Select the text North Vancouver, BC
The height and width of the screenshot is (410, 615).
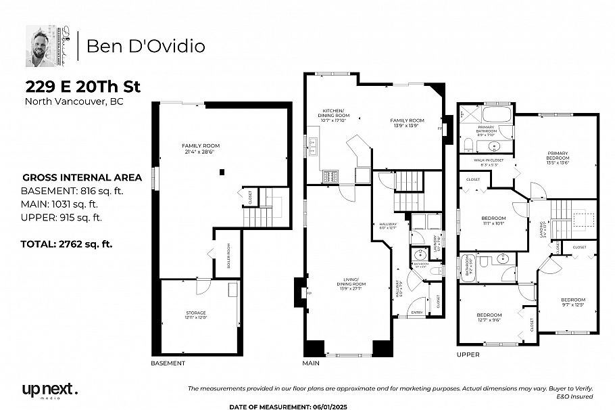coord(74,102)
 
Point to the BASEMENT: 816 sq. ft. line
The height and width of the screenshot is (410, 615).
coord(72,191)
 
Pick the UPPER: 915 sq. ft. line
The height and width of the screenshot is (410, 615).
coord(62,217)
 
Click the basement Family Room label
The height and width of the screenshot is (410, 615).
coord(201,149)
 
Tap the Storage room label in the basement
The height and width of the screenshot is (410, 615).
coord(196,315)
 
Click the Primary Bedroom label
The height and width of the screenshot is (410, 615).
coord(558,158)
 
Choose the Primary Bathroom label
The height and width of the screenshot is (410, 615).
coord(487,131)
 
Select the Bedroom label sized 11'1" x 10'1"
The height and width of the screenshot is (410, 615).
coord(493,221)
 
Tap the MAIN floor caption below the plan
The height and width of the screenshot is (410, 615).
coord(311,363)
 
